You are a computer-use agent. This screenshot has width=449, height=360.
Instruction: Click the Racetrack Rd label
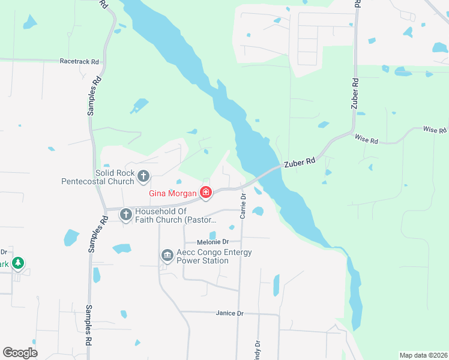tap(79, 61)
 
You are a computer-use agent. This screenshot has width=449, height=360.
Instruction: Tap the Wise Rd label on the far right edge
tap(435, 130)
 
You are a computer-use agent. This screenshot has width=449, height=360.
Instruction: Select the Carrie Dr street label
tap(243, 205)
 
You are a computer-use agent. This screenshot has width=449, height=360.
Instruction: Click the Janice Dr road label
tap(229, 313)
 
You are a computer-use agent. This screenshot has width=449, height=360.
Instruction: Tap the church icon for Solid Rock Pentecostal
tap(143, 176)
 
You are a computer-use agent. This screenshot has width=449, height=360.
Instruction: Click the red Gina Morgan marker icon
tap(206, 193)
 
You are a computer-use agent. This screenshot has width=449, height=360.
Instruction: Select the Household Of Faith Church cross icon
tap(126, 214)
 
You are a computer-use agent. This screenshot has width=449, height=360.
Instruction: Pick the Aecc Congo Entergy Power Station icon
tap(167, 256)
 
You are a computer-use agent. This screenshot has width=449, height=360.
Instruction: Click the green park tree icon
tap(19, 263)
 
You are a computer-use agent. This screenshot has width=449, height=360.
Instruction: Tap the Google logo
tap(20, 352)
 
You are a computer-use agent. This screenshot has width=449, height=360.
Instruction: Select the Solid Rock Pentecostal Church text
tap(98, 176)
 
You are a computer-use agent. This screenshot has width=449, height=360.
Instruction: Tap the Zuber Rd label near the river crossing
tap(300, 162)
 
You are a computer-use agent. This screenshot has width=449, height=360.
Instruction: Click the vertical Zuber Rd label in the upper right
tap(355, 93)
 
